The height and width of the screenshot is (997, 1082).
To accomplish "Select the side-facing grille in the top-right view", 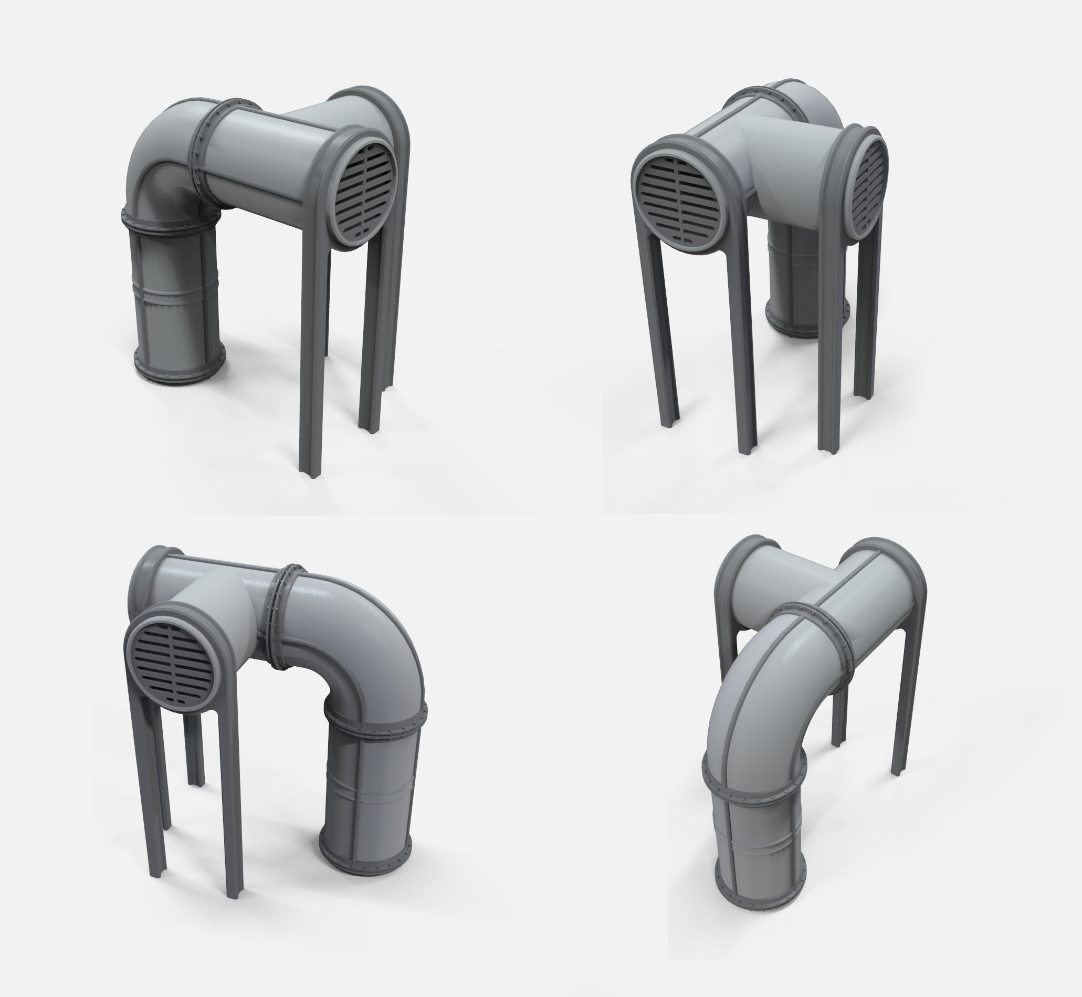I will point(868,186).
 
